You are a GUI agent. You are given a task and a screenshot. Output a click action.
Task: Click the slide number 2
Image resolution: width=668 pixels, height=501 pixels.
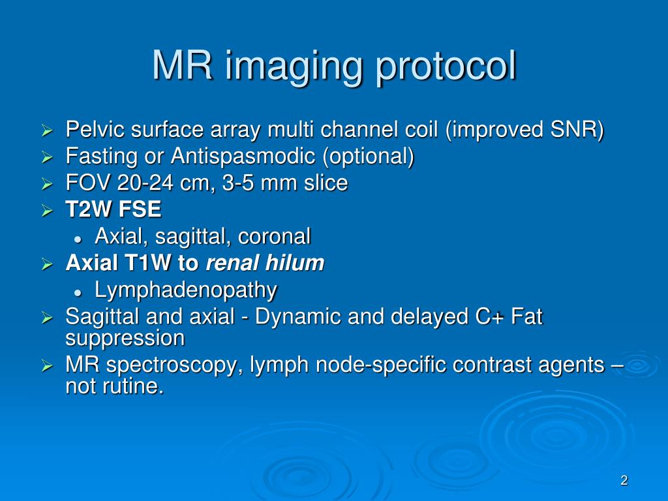coord(624,481)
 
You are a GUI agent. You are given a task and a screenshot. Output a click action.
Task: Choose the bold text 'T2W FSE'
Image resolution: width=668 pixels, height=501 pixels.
coord(113,210)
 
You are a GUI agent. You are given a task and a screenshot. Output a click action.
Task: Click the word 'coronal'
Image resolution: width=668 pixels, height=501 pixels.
coord(274,236)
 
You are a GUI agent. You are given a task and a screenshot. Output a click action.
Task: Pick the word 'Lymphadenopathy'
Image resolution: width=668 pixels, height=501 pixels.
coord(186,290)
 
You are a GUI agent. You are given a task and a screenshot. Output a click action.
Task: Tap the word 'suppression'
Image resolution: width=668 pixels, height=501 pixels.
coord(125,339)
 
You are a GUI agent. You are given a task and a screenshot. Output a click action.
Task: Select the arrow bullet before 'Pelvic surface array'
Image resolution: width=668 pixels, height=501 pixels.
coord(47,131)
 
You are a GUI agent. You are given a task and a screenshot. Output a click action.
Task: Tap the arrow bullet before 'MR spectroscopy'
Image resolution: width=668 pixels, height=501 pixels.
coord(47,367)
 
